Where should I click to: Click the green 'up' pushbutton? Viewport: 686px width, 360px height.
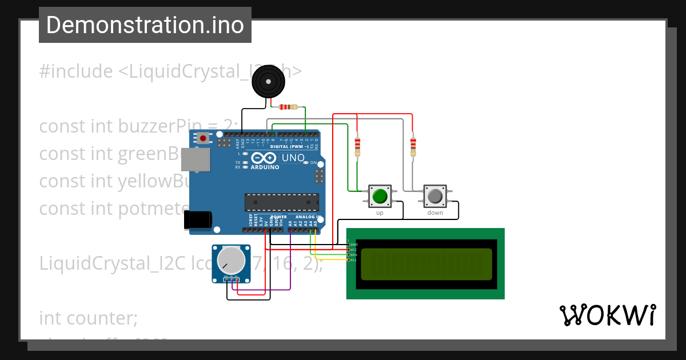click(380, 197)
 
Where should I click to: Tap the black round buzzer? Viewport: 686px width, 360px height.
click(268, 82)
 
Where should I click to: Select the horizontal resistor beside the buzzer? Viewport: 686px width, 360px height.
click(288, 106)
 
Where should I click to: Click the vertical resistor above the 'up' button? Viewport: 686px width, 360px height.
click(358, 146)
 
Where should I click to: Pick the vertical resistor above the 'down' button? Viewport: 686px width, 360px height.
click(413, 146)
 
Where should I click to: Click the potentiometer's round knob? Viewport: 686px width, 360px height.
click(231, 260)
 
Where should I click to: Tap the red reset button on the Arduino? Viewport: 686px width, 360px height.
click(203, 138)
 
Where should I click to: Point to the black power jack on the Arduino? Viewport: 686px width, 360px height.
click(198, 220)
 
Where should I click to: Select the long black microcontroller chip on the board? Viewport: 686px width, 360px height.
click(281, 202)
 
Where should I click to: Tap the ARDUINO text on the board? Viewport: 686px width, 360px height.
click(265, 167)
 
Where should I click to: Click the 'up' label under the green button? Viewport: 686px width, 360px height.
click(380, 213)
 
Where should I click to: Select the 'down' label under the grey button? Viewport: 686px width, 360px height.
click(435, 213)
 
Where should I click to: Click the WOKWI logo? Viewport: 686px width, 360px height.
click(607, 315)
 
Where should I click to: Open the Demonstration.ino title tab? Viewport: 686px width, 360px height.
click(145, 25)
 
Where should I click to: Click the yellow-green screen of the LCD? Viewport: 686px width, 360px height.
click(425, 264)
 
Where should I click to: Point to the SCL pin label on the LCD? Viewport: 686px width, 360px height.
click(353, 260)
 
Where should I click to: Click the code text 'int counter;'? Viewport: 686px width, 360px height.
click(89, 318)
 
